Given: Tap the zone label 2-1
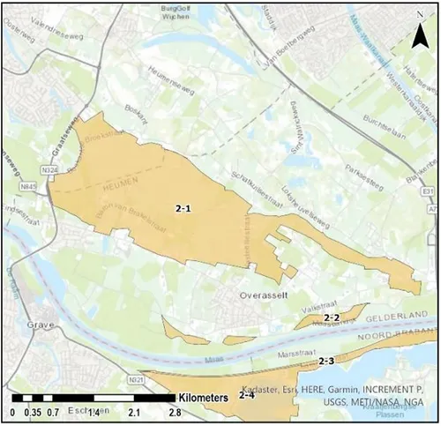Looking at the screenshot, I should (x=183, y=207).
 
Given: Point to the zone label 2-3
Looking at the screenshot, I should (x=326, y=361).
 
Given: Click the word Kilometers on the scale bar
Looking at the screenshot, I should (x=204, y=398).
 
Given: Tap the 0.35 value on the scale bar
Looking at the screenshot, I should (x=33, y=412).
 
